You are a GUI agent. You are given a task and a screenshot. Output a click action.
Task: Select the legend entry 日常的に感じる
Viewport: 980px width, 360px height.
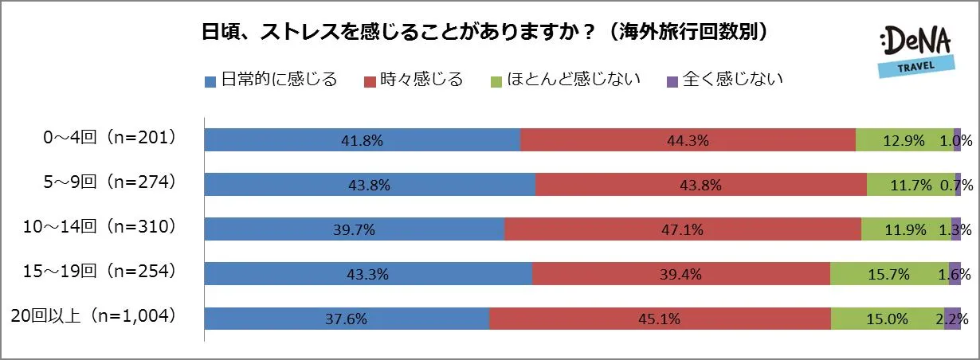coord(272,80)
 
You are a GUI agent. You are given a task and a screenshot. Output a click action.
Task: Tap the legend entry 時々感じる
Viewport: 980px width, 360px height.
coord(414,80)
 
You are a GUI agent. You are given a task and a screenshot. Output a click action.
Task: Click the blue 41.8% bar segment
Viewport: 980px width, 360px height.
coord(363,139)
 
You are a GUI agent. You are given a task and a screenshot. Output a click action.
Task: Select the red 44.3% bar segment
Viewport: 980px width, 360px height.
coord(688,139)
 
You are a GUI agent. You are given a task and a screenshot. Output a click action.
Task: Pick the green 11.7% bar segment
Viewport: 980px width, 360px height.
coord(911,184)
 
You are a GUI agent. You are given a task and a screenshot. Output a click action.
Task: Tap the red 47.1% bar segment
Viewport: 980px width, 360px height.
coord(683,229)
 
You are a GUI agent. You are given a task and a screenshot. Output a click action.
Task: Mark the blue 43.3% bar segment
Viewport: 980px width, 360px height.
coord(368,274)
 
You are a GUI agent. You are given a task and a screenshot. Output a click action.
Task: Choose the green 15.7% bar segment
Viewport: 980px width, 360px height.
coord(889,274)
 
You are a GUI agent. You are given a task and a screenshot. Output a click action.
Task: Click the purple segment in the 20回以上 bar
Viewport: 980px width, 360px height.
coord(952,319)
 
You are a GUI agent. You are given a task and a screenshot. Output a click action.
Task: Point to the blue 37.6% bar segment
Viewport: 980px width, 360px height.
coord(347,319)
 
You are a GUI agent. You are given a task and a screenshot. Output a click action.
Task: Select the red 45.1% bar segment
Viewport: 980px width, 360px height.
coord(660,319)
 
